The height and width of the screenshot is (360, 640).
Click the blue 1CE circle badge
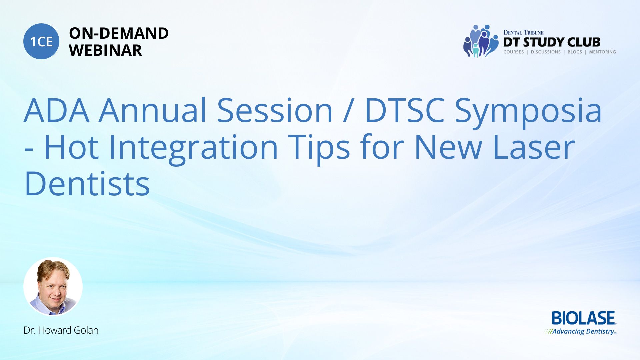tap(41, 41)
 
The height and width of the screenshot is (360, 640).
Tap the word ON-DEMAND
tap(119, 33)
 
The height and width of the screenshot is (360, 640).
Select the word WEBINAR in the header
tap(105, 50)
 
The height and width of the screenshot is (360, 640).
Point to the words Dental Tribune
tap(523, 32)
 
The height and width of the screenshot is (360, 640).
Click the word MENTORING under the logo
tap(602, 52)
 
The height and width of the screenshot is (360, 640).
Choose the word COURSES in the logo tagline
tap(514, 52)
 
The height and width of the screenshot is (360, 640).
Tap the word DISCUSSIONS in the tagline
tap(546, 52)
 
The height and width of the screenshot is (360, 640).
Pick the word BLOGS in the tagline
tap(575, 52)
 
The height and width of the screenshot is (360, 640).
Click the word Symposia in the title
tap(528, 113)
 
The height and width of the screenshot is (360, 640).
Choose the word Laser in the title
tap(534, 147)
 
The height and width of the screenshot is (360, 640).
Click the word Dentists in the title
tap(87, 184)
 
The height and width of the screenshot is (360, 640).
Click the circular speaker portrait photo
tap(53, 286)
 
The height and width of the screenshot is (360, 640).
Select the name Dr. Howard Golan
tap(61, 330)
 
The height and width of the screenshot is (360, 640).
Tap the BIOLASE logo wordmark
tap(583, 318)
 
